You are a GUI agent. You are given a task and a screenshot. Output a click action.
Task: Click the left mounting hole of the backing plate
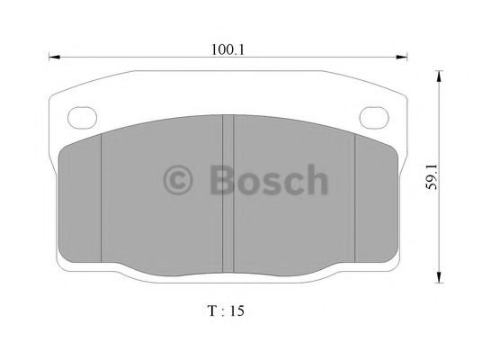[82, 116]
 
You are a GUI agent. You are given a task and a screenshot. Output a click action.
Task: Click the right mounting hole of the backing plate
[373, 116]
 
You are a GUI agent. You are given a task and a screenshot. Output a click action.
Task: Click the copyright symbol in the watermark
[179, 181]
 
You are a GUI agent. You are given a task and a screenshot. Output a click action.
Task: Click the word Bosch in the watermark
[268, 181]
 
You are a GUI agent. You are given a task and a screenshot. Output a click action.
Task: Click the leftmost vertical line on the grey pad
[101, 193]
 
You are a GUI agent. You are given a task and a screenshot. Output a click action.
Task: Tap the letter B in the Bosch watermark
[222, 181]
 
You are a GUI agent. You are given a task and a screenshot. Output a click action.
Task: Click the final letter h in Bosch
[317, 181]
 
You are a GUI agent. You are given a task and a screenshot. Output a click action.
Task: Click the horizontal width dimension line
[135, 60]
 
